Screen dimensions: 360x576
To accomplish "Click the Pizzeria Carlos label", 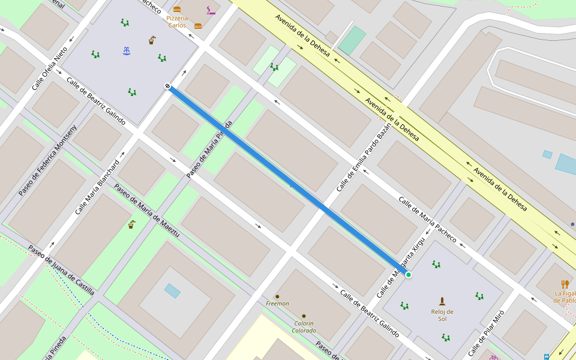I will point(177,22).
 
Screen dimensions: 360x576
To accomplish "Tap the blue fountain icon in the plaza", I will point(127,50).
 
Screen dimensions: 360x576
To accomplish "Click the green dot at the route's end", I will point(409,275).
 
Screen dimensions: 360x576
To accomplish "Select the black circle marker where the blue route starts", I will point(168,86).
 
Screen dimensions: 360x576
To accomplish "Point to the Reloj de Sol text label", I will point(442,315).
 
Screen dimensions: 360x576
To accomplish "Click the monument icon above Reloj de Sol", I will point(442,301).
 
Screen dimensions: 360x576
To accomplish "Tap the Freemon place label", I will point(277,304).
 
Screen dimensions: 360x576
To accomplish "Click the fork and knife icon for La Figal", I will point(565,284).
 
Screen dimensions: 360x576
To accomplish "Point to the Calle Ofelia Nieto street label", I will point(49,69).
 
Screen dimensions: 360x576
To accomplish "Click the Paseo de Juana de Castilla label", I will point(61,270).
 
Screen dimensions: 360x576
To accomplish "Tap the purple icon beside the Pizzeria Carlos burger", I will point(211,10).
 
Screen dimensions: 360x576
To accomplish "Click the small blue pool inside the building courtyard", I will point(172,291).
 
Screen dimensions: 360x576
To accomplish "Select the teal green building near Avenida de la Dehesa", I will point(352,40).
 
